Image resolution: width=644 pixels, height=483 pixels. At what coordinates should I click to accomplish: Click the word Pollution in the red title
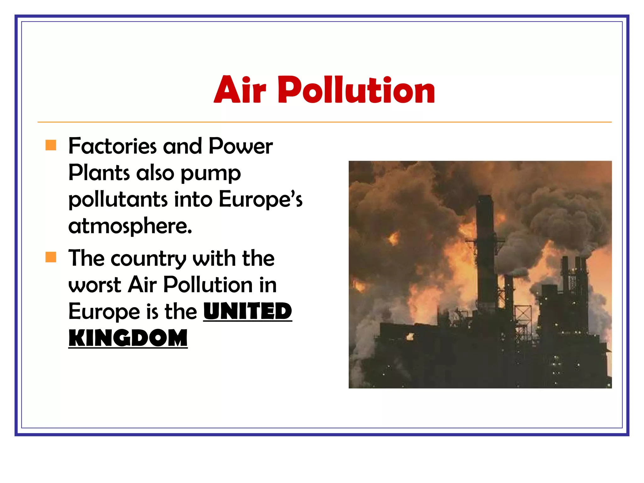356,90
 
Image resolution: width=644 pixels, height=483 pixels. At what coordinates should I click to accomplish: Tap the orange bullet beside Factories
51,145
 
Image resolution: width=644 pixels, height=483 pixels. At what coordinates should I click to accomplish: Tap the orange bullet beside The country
51,257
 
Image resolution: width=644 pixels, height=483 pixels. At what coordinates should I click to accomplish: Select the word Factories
112,146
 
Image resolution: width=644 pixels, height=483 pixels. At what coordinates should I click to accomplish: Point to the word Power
241,146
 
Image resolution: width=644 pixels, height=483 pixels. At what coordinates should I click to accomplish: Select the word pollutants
118,200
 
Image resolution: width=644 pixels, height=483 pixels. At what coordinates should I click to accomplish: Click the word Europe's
260,200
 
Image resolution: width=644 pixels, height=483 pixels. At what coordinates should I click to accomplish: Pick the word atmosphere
130,226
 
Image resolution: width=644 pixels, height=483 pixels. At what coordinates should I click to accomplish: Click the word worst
95,285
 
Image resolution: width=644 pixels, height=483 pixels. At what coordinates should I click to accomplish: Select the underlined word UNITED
248,311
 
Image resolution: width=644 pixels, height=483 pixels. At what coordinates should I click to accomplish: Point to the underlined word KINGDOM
128,338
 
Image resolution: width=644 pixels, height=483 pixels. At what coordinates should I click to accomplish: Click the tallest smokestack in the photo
485,248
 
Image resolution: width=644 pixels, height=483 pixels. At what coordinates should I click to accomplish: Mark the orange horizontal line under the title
325,122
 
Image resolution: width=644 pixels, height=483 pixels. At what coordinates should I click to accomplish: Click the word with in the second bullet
214,258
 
